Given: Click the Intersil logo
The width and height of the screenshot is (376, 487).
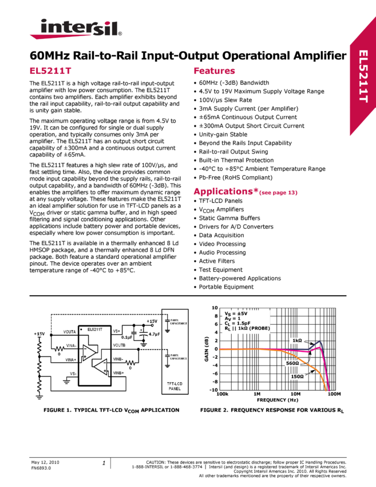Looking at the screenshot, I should (x=76, y=29).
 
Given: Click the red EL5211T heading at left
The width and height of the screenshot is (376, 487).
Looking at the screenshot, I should (x=50, y=71).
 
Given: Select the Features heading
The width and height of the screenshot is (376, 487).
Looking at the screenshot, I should (x=215, y=71).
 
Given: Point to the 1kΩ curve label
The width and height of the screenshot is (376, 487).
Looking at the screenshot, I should (x=297, y=341).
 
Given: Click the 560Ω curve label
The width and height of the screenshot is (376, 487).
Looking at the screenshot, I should (x=292, y=363).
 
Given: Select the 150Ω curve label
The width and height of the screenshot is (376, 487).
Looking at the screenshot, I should (x=296, y=376).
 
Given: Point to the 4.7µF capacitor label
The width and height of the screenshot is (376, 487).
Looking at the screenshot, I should (x=153, y=334).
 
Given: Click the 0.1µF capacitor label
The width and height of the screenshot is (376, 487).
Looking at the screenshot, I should (x=128, y=337).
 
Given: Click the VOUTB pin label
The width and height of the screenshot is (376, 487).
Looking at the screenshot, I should (x=119, y=346).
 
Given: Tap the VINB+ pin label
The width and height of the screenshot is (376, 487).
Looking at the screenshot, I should (x=118, y=373).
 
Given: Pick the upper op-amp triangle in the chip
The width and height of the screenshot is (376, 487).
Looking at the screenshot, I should (x=89, y=353).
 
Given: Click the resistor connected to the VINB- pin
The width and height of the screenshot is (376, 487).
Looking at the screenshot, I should (x=130, y=362).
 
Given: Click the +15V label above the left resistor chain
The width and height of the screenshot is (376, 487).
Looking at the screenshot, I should (x=39, y=333).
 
